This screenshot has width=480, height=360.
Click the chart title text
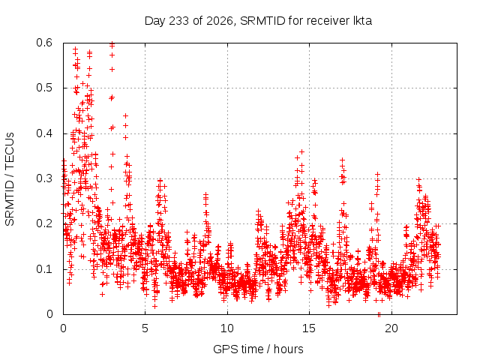coord(258,21)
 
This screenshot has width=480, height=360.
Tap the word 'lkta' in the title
coord(362,21)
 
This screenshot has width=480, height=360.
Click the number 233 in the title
coord(178,21)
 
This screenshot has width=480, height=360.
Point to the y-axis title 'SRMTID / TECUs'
coord(10,179)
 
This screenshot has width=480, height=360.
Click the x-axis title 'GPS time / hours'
coord(258,349)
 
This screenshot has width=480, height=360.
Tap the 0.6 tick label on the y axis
coord(44,43)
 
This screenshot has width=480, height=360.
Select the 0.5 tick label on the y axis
coord(44,88)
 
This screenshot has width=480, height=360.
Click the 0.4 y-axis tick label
coord(44,133)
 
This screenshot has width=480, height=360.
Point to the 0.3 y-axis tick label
coord(44,178)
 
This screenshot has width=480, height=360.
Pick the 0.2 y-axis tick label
coord(44,223)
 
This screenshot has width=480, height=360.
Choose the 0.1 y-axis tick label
coord(44,269)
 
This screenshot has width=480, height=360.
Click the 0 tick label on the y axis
coord(49,314)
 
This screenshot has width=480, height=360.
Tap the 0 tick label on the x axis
coord(63,328)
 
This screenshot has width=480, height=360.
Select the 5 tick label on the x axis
coord(145,328)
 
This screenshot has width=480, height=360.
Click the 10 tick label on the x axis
coord(227,328)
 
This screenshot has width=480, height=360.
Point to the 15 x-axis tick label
coord(309,328)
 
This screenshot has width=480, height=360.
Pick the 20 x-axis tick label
coord(391,328)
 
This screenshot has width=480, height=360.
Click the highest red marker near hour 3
coord(112,43)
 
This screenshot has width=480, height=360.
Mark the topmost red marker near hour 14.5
coord(301,151)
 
